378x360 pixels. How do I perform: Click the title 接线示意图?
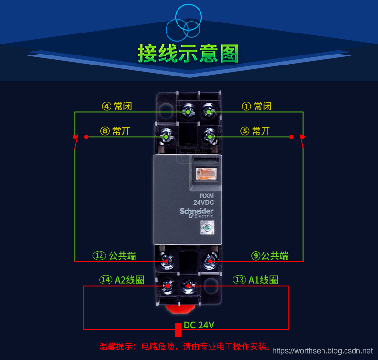click(x=188, y=54)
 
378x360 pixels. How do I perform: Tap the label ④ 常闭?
click(x=116, y=106)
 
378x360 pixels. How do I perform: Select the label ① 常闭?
click(x=256, y=106)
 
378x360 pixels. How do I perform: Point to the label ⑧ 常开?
click(x=115, y=131)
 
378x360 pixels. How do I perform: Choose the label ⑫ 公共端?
click(x=114, y=256)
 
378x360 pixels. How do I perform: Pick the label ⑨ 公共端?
click(x=270, y=256)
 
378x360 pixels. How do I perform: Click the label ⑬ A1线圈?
click(x=256, y=280)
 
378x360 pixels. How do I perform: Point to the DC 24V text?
click(x=199, y=325)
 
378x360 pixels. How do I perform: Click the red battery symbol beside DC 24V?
click(x=178, y=329)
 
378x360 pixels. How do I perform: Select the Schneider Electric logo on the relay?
click(x=197, y=213)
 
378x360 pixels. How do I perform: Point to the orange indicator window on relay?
click(x=206, y=174)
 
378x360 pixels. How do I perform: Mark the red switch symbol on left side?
click(x=76, y=139)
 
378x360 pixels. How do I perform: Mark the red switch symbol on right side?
click(x=302, y=139)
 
